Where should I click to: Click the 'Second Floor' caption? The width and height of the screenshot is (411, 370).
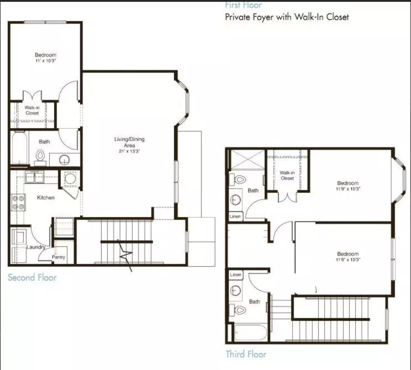(x=32, y=277)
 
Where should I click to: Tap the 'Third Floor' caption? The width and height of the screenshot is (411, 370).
(x=246, y=354)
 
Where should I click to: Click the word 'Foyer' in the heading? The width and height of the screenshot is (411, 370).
(x=277, y=17)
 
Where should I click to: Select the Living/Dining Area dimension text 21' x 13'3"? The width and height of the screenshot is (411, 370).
(x=129, y=151)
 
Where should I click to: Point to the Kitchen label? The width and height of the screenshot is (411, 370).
(x=46, y=198)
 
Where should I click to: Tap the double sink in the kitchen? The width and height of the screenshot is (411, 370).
(x=35, y=177)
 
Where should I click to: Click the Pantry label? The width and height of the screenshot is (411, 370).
(x=59, y=257)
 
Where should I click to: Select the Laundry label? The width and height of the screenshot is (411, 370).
(x=36, y=247)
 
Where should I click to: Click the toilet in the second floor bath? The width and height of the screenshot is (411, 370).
(x=40, y=156)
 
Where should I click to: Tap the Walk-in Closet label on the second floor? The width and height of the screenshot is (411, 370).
(x=32, y=111)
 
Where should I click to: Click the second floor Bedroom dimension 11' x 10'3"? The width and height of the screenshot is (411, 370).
(x=46, y=61)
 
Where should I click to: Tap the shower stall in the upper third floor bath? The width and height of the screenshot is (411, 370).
(x=247, y=159)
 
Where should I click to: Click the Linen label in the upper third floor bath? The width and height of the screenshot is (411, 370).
(x=235, y=217)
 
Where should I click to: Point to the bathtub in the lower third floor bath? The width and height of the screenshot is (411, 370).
(x=250, y=332)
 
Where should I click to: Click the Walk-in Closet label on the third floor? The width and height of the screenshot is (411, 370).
(x=287, y=175)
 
